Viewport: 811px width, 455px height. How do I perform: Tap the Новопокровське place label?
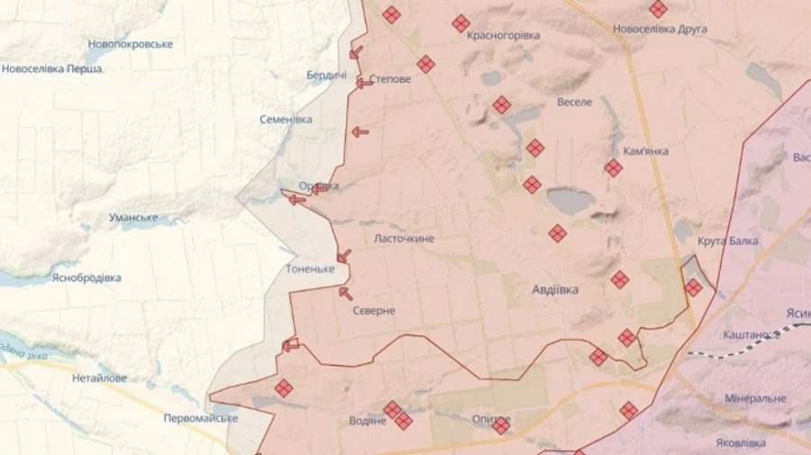(x=130, y=44)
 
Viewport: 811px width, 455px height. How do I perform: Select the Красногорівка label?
(x=504, y=35)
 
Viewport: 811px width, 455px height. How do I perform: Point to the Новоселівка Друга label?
(x=660, y=29)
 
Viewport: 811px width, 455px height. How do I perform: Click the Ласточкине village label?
(x=405, y=239)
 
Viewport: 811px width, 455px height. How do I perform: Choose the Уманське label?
(x=133, y=217)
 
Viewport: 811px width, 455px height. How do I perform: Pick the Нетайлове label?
(x=99, y=378)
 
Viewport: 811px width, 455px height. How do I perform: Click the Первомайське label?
(x=201, y=418)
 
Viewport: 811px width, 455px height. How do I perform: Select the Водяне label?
(x=368, y=421)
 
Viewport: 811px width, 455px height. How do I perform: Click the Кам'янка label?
(x=645, y=150)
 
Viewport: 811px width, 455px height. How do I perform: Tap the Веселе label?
(x=575, y=102)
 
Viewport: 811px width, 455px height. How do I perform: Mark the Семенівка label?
(x=286, y=119)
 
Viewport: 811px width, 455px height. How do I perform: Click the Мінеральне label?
(x=755, y=398)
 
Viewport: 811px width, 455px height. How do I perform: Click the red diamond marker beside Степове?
(x=425, y=64)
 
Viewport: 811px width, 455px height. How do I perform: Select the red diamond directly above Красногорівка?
(x=460, y=23)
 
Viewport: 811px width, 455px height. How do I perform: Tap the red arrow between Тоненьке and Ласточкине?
(x=343, y=256)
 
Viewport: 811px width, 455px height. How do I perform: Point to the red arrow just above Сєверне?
(x=345, y=292)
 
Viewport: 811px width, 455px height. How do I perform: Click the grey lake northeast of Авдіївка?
(x=570, y=199)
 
